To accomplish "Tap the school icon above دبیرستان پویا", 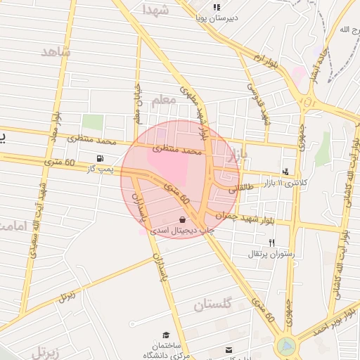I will click(x=218, y=7).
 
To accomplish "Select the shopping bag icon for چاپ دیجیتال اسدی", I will click(x=183, y=220).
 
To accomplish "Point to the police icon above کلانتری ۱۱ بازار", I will click(x=285, y=171).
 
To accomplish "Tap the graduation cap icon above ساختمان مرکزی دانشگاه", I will click(x=166, y=335).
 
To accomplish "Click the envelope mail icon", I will click(x=228, y=349).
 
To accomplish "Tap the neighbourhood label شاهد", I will click(x=56, y=52).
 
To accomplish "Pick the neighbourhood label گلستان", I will click(x=212, y=305).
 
